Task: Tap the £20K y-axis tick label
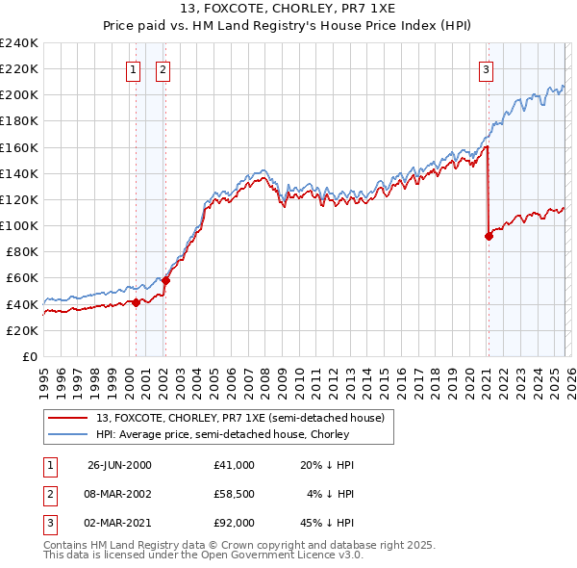pyautogui.click(x=21, y=330)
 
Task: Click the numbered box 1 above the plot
pyautogui.click(x=132, y=69)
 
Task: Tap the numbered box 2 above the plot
pyautogui.click(x=163, y=69)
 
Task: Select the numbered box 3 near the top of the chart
pyautogui.click(x=487, y=69)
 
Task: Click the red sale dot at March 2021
pyautogui.click(x=489, y=237)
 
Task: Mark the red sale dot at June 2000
pyautogui.click(x=136, y=302)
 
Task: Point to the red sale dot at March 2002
pyautogui.click(x=165, y=280)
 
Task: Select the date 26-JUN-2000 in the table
pyautogui.click(x=119, y=465)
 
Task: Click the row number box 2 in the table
pyautogui.click(x=49, y=494)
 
